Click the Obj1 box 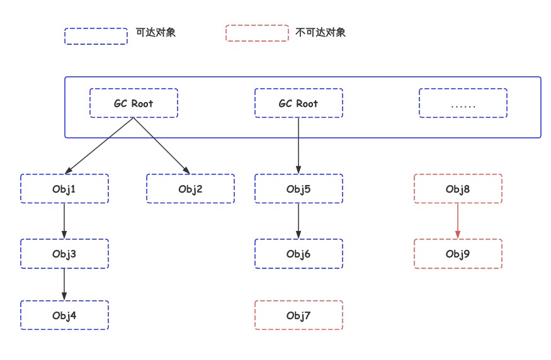pos(64,189)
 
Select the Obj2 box pos(190,189)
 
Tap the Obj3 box pos(64,254)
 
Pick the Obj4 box pos(64,315)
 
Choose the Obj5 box pos(298,189)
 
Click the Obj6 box pos(298,254)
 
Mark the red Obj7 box pos(298,315)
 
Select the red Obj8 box pos(458,189)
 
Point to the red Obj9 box pos(458,254)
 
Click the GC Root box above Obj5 pos(298,103)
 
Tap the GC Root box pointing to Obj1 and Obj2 pos(133,103)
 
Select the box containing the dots pos(463,103)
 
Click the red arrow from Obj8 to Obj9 pos(458,221)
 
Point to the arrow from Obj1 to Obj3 pos(64,221)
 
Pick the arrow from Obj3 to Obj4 pos(64,284)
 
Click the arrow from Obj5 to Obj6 pos(298,221)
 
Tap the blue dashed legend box pos(96,35)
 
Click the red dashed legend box pos(257,33)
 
